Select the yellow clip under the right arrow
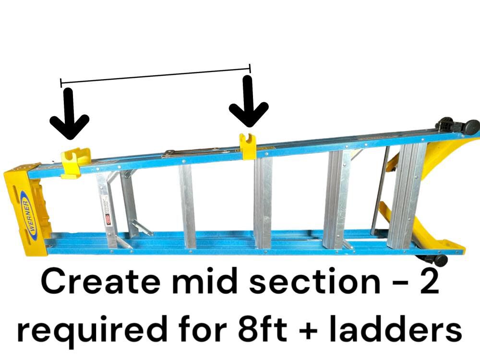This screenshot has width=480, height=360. tap(248, 146)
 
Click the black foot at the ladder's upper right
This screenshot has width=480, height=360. tap(459, 126)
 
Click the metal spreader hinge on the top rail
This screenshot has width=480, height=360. tap(192, 152)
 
